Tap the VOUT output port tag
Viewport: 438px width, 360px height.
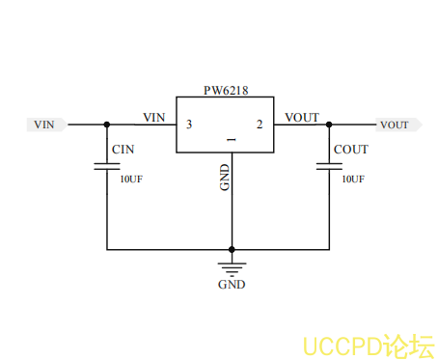click(x=396, y=125)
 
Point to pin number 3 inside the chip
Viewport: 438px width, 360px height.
click(x=188, y=125)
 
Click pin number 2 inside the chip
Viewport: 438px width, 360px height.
click(x=259, y=125)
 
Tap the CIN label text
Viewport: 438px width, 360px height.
click(x=123, y=150)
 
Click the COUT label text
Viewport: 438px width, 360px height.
click(x=350, y=150)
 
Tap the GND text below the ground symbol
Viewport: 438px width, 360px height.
click(x=232, y=285)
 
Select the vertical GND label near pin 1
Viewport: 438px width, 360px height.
click(x=225, y=177)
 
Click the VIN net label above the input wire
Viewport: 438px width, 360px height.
click(x=154, y=117)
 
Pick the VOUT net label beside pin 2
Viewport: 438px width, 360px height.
click(x=302, y=117)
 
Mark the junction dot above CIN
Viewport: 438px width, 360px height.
click(x=107, y=125)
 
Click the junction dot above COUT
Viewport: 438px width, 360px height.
click(x=329, y=125)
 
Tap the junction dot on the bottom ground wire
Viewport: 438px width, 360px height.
click(x=232, y=249)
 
